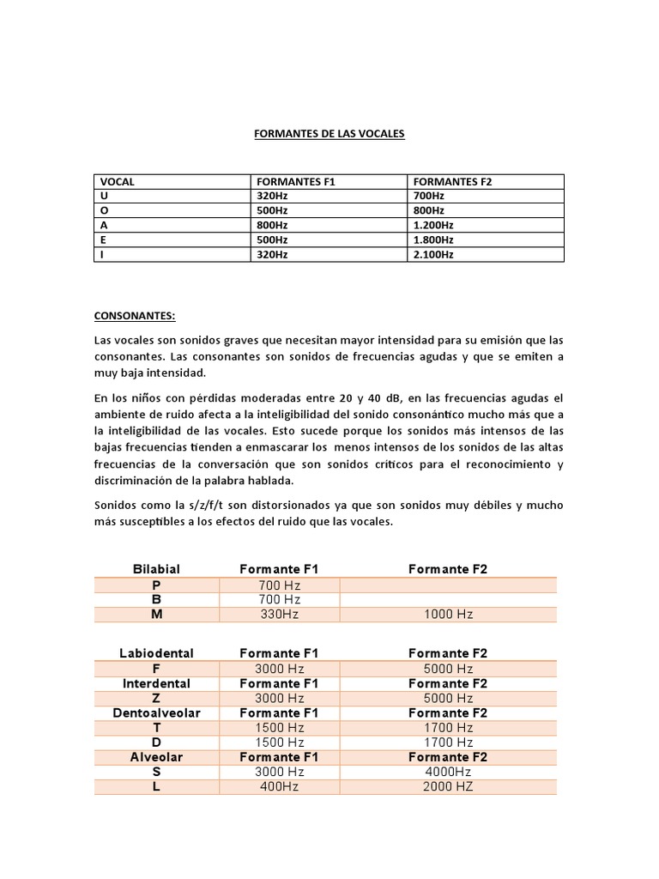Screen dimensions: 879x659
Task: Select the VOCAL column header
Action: click(118, 182)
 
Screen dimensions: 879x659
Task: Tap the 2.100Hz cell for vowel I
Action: click(433, 255)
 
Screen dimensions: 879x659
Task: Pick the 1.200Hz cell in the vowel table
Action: click(433, 226)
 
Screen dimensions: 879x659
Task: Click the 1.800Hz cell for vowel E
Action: click(433, 240)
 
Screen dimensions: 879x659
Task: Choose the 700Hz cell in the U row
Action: click(428, 196)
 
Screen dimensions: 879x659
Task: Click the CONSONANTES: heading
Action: click(134, 316)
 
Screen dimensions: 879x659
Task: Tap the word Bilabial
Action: click(156, 569)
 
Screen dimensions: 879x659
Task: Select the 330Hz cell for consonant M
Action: click(279, 614)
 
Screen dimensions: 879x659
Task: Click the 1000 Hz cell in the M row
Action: click(448, 614)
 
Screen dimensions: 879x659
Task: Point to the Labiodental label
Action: click(156, 653)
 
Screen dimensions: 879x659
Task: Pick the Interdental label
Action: click(156, 683)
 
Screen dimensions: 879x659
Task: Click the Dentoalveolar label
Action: click(156, 713)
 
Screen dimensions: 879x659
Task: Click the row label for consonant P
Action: click(156, 585)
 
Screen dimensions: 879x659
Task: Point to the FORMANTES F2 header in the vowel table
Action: click(453, 182)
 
